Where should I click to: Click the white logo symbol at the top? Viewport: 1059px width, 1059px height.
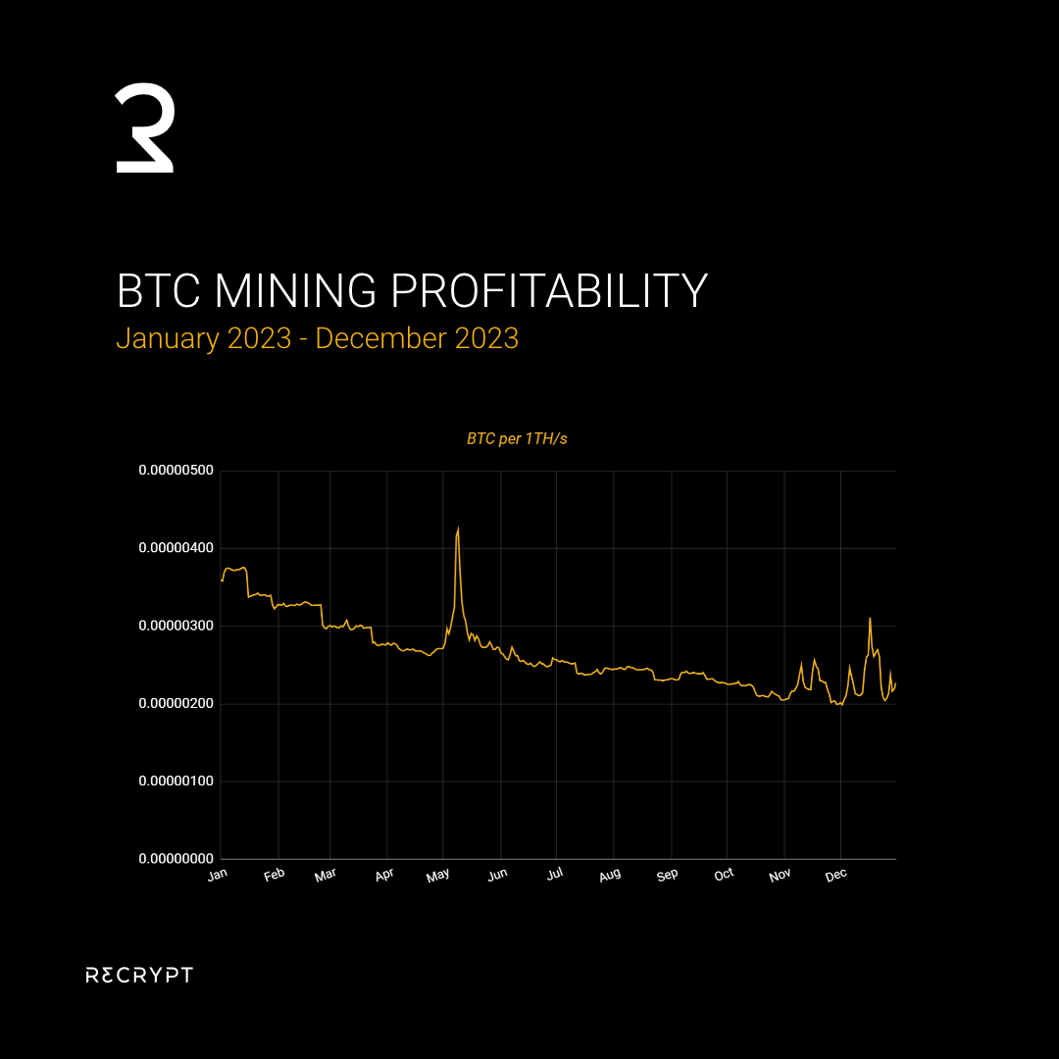point(145,129)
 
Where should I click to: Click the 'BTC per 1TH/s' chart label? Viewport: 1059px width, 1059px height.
point(517,439)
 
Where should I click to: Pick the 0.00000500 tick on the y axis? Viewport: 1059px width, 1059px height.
point(176,471)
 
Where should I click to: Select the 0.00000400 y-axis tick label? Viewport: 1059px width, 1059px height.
point(176,548)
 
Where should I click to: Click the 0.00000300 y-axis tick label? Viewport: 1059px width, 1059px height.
point(176,626)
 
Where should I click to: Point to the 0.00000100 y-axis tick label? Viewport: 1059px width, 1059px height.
point(176,782)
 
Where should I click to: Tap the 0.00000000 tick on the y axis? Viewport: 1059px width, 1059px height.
point(176,859)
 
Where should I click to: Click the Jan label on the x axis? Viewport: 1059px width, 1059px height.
point(218,874)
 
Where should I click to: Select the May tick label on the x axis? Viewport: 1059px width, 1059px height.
point(438,874)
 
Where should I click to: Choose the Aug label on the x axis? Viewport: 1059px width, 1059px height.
point(610,874)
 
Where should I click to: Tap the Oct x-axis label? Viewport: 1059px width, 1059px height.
point(725,874)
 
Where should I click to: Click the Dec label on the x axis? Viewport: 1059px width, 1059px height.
point(836,874)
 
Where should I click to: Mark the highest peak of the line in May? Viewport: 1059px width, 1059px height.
point(458,529)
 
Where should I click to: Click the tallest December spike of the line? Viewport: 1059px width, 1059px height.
point(870,619)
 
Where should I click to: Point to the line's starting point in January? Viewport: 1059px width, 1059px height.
point(222,580)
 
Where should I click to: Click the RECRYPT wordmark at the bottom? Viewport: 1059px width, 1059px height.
point(139,975)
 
